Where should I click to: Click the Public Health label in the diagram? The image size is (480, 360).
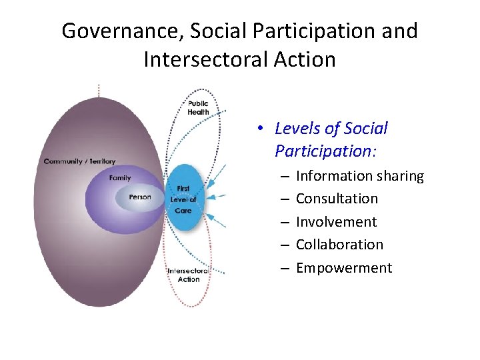coord(198,108)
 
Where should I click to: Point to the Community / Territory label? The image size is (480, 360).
coord(79,161)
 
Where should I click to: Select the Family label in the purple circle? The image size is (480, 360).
coord(120,178)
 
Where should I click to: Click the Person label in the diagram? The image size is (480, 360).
coord(140,197)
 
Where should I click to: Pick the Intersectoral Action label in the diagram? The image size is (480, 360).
coord(188,275)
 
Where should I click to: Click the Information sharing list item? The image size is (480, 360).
coord(359,176)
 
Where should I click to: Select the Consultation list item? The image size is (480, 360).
coord(337,199)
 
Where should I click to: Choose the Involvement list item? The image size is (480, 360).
coord(336,222)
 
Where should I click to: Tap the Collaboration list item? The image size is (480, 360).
coord(339,245)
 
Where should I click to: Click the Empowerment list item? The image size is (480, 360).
coord(344,268)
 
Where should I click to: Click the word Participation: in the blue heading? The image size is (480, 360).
coord(325,151)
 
